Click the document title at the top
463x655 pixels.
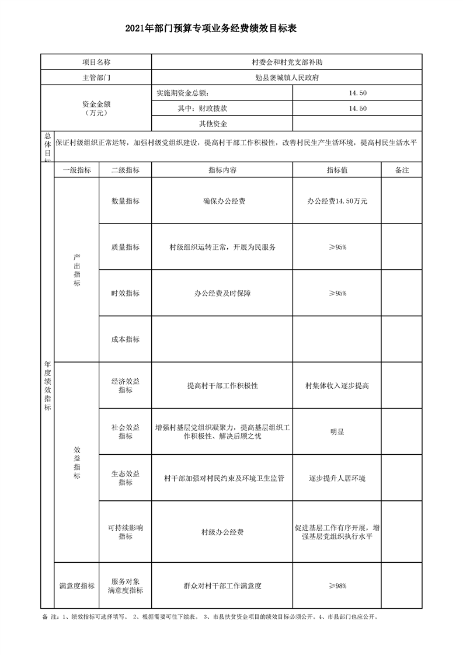[231, 29]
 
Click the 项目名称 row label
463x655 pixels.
[96, 62]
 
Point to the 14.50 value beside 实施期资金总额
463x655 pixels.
[357, 93]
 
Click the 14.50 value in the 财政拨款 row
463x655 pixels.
[357, 108]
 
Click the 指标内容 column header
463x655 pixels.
[222, 170]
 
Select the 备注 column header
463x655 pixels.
[401, 170]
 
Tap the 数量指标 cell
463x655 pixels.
[125, 201]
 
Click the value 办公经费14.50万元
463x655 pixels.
[337, 201]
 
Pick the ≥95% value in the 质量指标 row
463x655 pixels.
[337, 247]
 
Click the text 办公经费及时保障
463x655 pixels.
[222, 293]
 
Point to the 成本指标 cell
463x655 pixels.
[125, 339]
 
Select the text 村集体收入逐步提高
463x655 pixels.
[337, 386]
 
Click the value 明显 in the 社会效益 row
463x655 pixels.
[337, 432]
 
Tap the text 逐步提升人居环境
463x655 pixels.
[337, 478]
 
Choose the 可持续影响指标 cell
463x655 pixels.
[125, 532]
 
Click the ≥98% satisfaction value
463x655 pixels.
[337, 586]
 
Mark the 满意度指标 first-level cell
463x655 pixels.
[76, 586]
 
